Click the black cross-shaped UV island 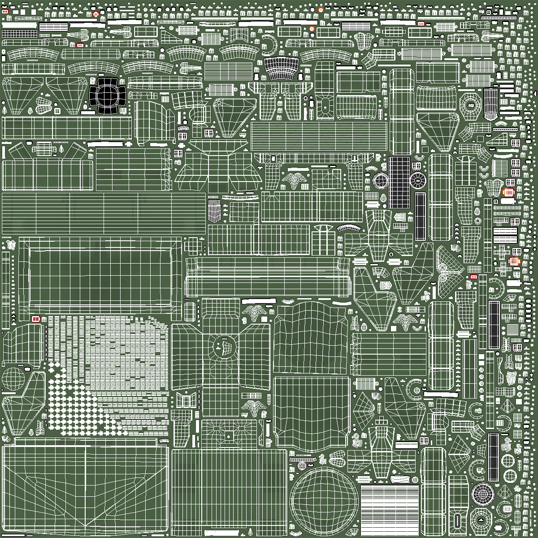[107, 95]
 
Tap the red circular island [95, 14]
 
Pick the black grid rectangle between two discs [399, 182]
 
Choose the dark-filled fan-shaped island [281, 69]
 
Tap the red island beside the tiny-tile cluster [36, 319]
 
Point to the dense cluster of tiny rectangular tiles [126, 354]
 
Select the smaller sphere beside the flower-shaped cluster [13, 379]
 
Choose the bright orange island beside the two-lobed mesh [508, 192]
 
